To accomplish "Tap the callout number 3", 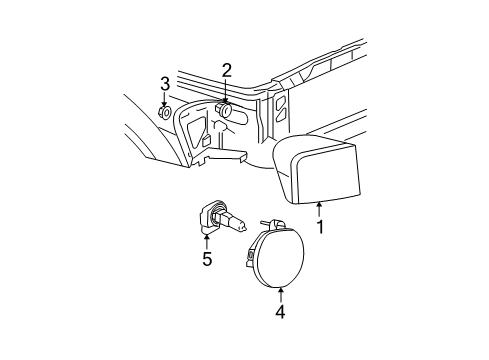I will click(x=165, y=82).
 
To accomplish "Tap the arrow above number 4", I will click(x=281, y=293).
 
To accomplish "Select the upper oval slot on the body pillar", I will click(x=282, y=104).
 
